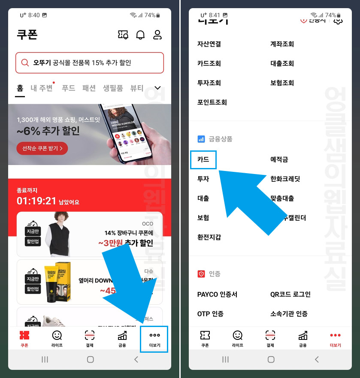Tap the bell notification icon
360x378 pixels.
click(140, 35)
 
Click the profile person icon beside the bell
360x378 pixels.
click(157, 35)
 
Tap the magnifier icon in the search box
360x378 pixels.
click(25, 63)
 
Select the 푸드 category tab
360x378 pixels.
click(69, 88)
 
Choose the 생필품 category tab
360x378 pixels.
click(113, 88)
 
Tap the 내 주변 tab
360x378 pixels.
click(42, 88)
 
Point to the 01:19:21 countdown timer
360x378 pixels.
click(36, 201)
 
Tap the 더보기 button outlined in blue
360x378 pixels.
click(154, 339)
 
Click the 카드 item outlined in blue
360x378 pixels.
click(203, 159)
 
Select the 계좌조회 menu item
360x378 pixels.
click(282, 44)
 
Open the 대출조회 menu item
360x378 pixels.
click(282, 63)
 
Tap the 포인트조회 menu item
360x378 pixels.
click(212, 102)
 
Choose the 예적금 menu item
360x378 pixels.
click(279, 159)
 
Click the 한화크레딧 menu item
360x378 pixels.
click(285, 179)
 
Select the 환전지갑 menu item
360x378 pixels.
click(209, 237)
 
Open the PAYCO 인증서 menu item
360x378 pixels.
click(217, 294)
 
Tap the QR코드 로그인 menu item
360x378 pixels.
click(290, 294)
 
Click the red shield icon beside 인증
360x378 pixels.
click(201, 274)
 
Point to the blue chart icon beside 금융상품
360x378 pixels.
click(201, 139)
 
